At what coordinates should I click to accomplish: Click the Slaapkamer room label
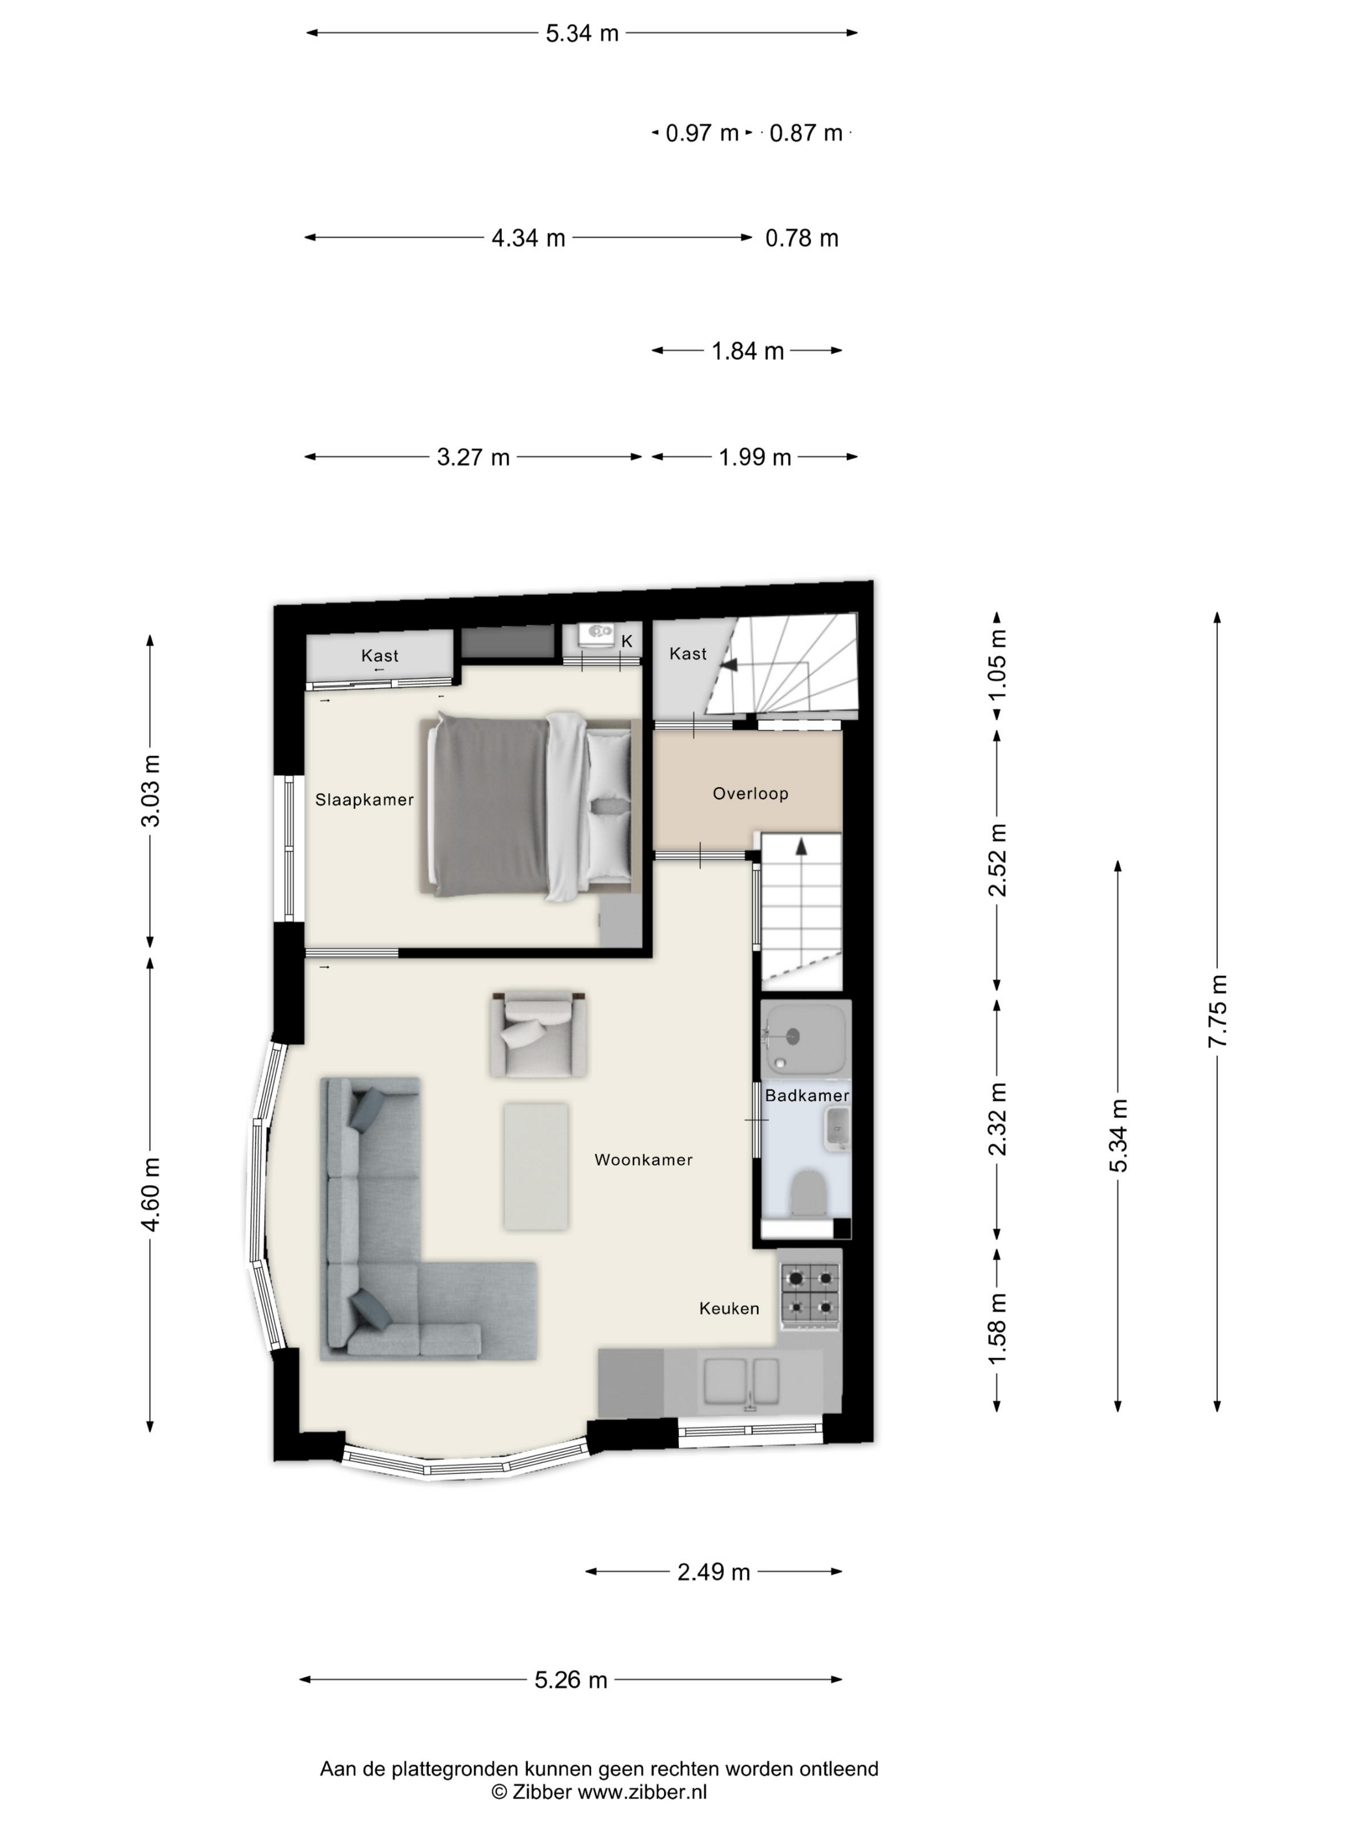[x=364, y=800]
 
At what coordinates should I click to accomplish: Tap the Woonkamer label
[x=644, y=1160]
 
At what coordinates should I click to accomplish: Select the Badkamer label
[x=807, y=1095]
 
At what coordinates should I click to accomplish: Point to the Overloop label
[x=751, y=793]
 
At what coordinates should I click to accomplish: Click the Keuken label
[x=729, y=1308]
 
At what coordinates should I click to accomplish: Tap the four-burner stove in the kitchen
[x=810, y=1295]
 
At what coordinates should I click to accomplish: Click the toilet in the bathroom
[x=808, y=1193]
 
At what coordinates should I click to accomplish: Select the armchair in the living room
[x=538, y=1035]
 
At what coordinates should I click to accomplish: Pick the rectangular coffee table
[x=536, y=1167]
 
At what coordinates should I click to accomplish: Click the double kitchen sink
[x=741, y=1382]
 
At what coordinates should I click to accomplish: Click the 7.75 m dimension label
[x=1218, y=1011]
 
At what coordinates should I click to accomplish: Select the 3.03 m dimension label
[x=151, y=790]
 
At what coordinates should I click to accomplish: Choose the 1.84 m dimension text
[x=747, y=351]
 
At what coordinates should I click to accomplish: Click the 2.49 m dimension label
[x=713, y=1572]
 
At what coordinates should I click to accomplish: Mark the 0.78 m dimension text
[x=802, y=238]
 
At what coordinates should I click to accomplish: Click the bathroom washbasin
[x=837, y=1128]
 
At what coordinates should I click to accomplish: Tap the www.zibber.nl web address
[x=642, y=1791]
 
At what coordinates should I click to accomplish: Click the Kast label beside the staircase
[x=688, y=654]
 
